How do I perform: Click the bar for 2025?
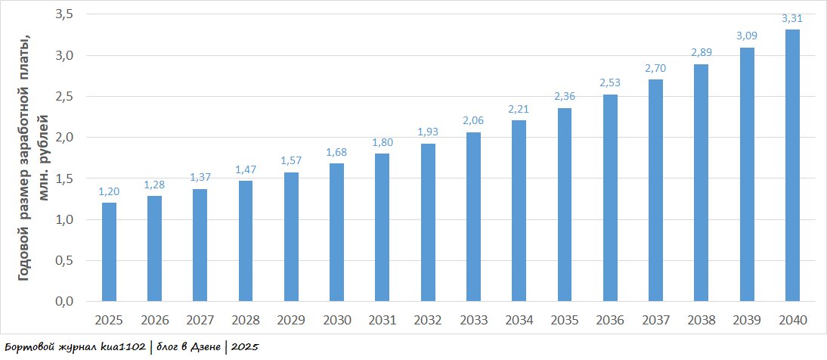coord(109,252)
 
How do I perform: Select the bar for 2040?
coord(792,166)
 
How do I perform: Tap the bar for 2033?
coord(473,217)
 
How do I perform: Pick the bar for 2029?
coord(291,237)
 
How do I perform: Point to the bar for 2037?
coord(655,191)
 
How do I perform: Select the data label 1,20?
coord(109,192)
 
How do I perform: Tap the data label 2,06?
coord(473,121)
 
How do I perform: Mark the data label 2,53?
coord(610,82)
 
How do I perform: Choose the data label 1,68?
coord(336,152)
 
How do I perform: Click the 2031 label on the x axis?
coord(383,320)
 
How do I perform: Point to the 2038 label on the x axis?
coord(701,320)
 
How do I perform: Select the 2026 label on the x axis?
coord(154,320)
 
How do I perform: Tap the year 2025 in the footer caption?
coord(245,347)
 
